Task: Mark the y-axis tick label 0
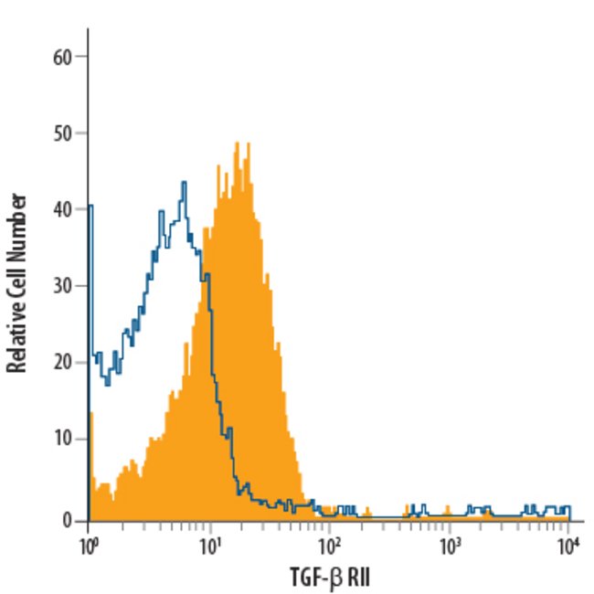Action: tap(67, 520)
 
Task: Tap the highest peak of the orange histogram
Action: tap(237, 143)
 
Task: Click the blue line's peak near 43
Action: tap(184, 183)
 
